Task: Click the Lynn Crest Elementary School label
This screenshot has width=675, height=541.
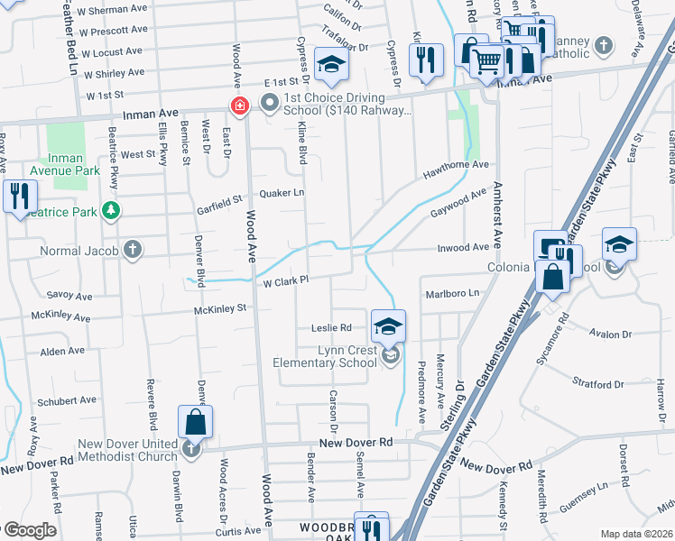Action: click(325, 356)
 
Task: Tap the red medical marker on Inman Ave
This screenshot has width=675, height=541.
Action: click(240, 106)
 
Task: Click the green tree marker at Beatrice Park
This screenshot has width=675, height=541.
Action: click(111, 211)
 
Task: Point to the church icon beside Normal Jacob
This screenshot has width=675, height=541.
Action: click(133, 248)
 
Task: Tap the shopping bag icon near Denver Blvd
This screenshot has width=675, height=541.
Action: click(196, 421)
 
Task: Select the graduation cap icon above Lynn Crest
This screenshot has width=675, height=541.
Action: click(389, 326)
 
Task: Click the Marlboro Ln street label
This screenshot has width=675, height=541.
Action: click(450, 294)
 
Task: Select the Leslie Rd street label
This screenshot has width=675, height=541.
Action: click(331, 328)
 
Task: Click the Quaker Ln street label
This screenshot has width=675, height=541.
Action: click(282, 193)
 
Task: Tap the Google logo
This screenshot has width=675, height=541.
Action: click(29, 530)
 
